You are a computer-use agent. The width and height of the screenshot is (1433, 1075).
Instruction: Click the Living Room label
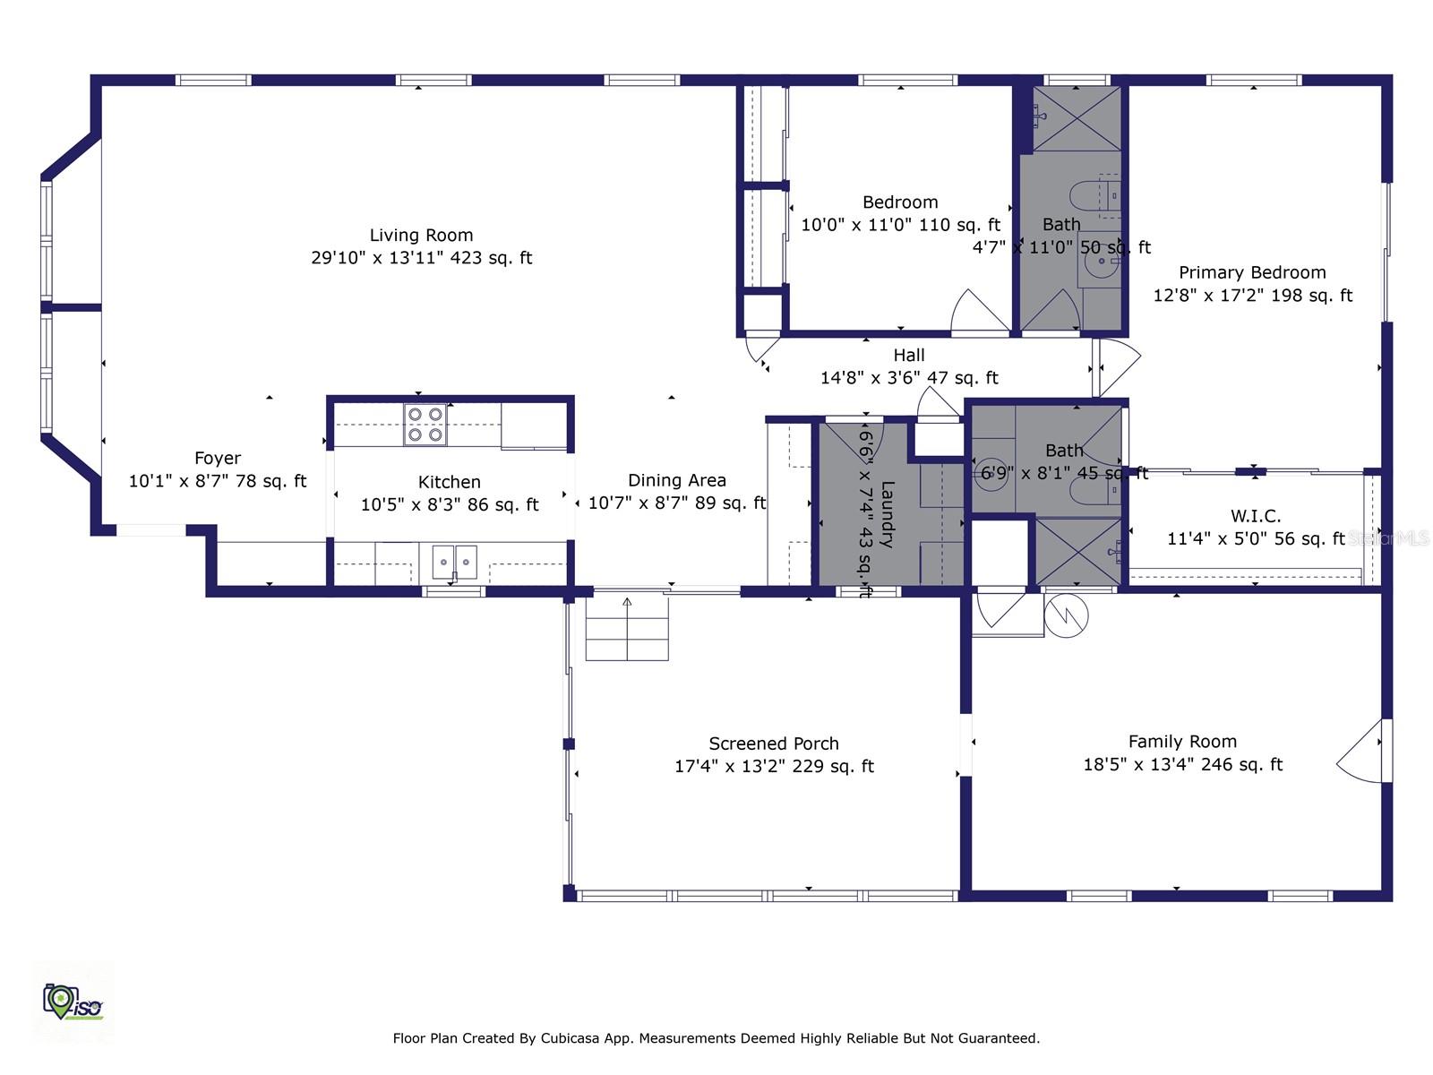(421, 236)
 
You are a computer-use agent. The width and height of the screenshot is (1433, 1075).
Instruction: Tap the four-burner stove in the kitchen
(425, 425)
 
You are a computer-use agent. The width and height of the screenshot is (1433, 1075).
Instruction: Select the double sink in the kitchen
(455, 562)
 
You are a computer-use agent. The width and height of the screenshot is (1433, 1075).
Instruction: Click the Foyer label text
(218, 459)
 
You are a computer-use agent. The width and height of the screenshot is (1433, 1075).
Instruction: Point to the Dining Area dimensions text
(676, 503)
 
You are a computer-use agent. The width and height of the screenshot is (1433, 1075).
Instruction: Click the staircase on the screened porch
(627, 629)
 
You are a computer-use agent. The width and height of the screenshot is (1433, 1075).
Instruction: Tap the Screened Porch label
(774, 744)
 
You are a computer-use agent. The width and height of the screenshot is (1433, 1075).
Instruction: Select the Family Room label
(1182, 742)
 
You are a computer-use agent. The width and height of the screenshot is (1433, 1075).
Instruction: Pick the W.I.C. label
(1256, 516)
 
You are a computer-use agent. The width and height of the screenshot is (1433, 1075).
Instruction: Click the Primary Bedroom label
(1252, 272)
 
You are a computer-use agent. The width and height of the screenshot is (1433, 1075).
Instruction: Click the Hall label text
(909, 356)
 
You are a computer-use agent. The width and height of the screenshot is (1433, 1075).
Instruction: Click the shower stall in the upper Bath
(1077, 118)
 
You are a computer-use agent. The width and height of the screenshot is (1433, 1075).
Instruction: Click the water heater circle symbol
(1066, 615)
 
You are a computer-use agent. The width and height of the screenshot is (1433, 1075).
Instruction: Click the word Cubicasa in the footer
(570, 1038)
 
